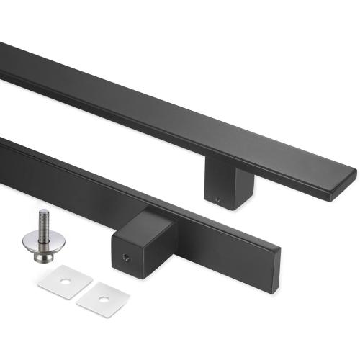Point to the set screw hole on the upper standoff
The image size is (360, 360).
coord(218,196)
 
